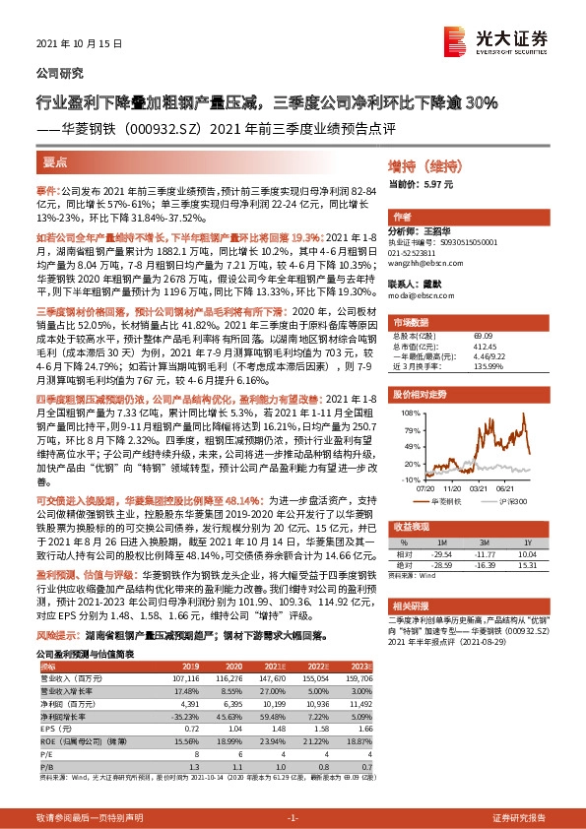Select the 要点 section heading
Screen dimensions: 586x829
(55, 162)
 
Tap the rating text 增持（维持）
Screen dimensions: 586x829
(419, 164)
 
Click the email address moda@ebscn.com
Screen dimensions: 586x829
(421, 293)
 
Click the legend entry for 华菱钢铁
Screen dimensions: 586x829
(450, 501)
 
